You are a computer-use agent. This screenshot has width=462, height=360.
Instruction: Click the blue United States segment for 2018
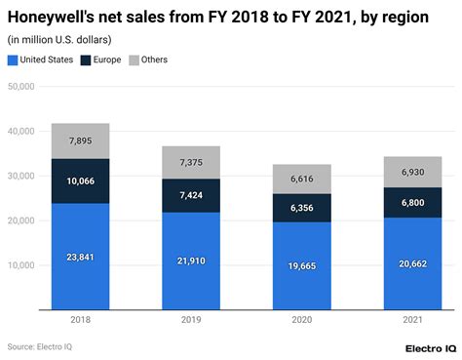point(81,256)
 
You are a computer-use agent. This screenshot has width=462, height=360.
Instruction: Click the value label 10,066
point(81,181)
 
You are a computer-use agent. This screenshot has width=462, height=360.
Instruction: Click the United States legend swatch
point(13,60)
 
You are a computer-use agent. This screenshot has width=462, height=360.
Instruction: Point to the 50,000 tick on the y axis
point(20,86)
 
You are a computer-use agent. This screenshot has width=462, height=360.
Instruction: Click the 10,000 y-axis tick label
point(20,265)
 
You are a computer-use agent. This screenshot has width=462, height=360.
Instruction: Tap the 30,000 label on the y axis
point(20,176)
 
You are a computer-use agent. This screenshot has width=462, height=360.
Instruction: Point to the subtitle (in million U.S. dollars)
point(59,39)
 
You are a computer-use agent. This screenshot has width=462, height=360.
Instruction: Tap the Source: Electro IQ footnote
point(38,346)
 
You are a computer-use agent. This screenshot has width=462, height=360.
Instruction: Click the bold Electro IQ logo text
point(430,347)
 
